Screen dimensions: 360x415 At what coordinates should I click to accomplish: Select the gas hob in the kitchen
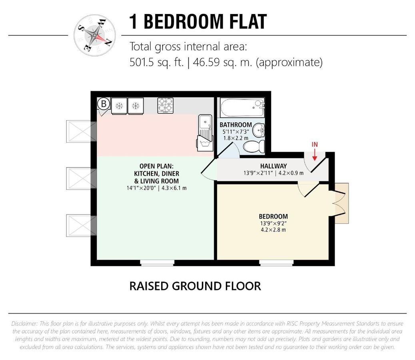click(166, 106)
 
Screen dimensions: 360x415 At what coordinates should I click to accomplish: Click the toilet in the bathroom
click(254, 146)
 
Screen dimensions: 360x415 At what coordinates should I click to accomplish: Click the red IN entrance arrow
click(315, 155)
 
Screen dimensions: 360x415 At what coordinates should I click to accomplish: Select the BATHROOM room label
click(235, 125)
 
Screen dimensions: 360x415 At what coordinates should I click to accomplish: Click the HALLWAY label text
click(273, 166)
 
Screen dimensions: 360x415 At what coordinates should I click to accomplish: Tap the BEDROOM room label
click(273, 216)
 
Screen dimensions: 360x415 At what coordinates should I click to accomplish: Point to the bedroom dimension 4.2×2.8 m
click(273, 230)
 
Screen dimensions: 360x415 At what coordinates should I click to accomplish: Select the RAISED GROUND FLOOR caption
click(195, 286)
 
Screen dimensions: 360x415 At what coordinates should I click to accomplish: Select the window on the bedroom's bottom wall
click(276, 263)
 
